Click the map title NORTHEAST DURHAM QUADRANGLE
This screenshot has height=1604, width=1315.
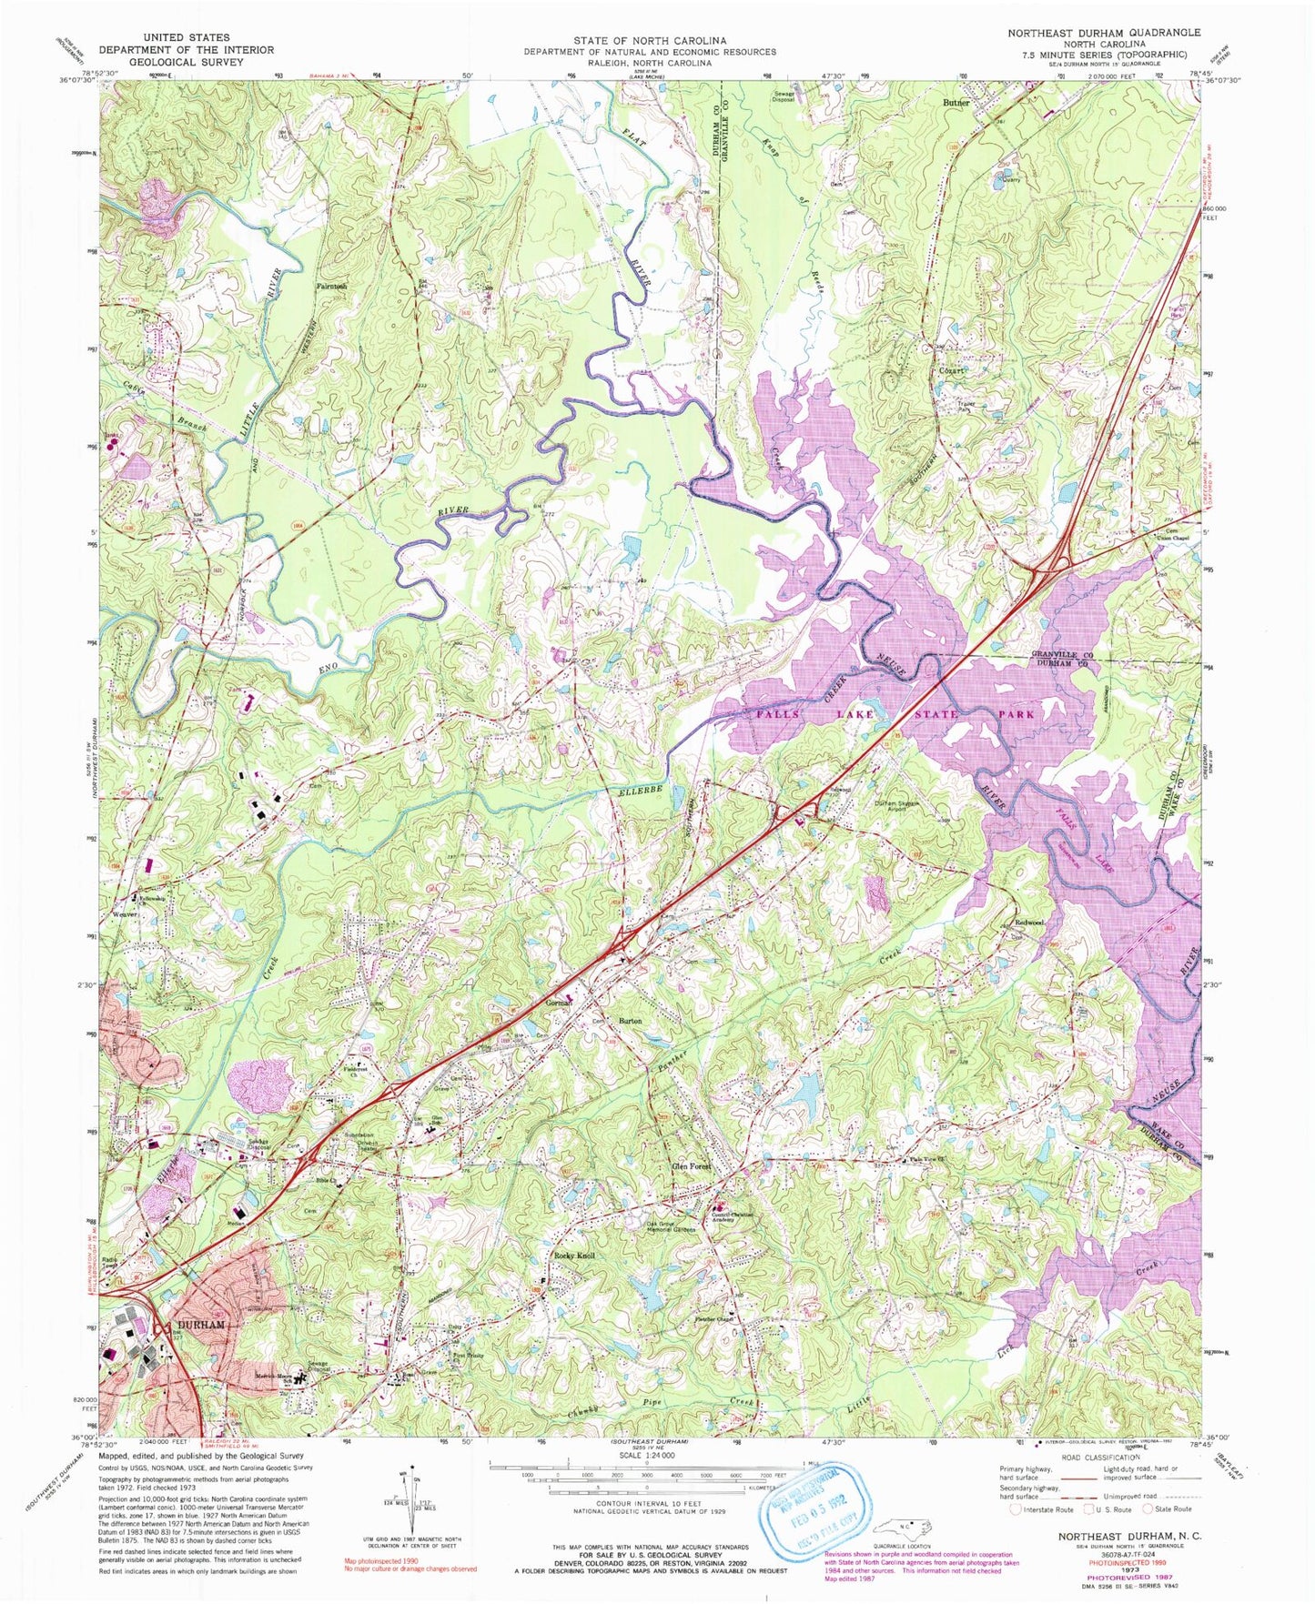(1103, 32)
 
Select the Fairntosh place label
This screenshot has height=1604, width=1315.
(331, 287)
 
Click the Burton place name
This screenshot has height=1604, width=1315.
(630, 1021)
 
